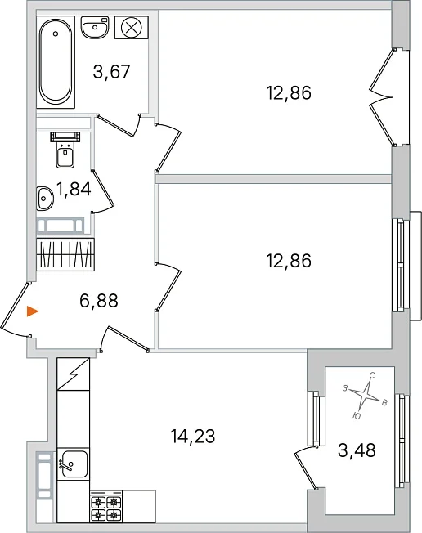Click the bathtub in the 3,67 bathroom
56,62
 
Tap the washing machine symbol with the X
131,27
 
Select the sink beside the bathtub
95,27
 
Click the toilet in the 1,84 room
65,150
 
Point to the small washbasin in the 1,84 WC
44,198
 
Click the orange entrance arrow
33,311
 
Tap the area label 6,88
99,301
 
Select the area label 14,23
193,436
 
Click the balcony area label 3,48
357,450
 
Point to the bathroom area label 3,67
111,72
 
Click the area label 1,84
74,190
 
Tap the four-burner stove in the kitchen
106,506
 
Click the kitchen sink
73,464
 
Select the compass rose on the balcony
365,396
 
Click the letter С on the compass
372,375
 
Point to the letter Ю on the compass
357,416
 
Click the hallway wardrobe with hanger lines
65,254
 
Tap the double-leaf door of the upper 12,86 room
383,97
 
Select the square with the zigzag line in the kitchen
74,374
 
